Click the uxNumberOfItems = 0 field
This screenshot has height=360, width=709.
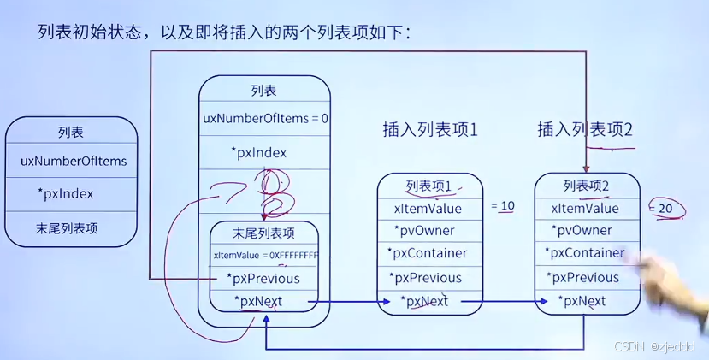tap(265, 118)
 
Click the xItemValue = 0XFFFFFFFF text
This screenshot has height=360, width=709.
tap(265, 255)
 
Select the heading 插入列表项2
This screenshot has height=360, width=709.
tap(584, 130)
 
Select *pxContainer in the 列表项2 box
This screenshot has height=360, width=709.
tap(586, 253)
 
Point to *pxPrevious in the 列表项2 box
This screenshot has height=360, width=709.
tap(586, 277)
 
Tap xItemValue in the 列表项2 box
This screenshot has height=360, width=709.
tap(586, 208)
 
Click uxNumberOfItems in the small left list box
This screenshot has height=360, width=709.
tap(74, 161)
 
